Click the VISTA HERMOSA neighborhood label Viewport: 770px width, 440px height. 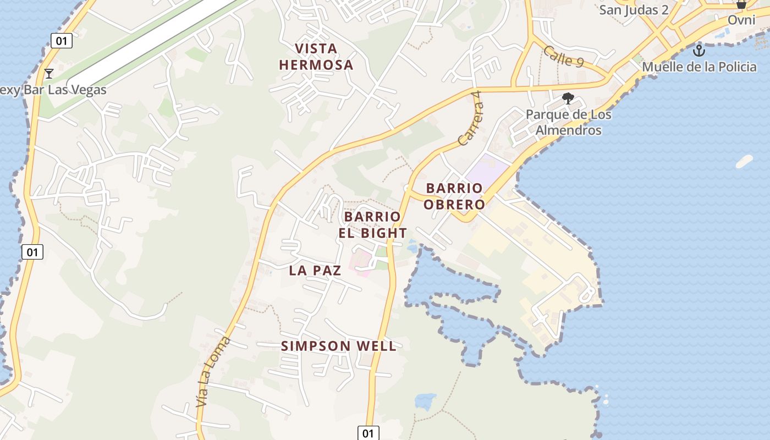tap(316, 57)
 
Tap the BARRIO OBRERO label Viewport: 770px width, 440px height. tap(455, 196)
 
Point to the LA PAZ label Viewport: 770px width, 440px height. tap(315, 270)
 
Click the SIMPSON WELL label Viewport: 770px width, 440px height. tap(338, 346)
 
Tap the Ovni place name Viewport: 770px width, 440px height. tap(741, 20)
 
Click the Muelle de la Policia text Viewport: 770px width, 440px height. tap(699, 67)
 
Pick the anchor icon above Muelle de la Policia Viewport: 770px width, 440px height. tap(698, 51)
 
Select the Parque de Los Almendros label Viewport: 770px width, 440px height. tap(568, 123)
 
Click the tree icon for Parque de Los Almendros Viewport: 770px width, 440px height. tap(568, 99)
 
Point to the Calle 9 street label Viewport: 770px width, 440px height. tap(563, 57)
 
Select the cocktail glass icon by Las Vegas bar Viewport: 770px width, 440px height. tap(49, 73)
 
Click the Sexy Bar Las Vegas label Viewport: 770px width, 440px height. tap(53, 90)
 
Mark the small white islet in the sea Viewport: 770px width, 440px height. tap(744, 161)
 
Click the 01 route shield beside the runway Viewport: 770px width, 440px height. tap(62, 40)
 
